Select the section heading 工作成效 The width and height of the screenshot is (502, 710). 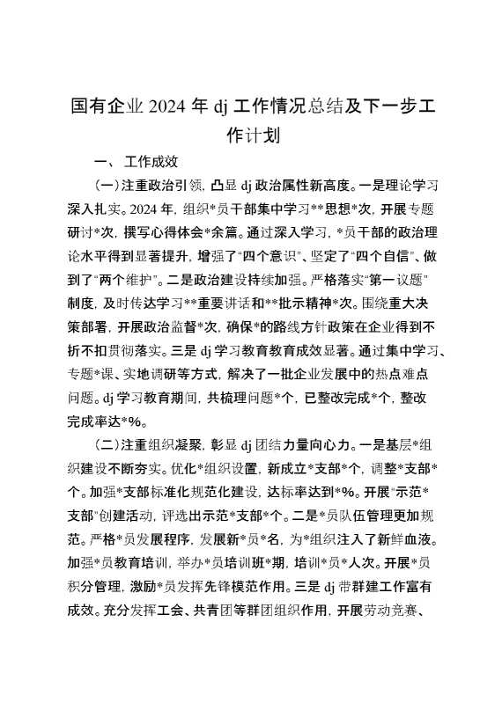click(153, 162)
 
